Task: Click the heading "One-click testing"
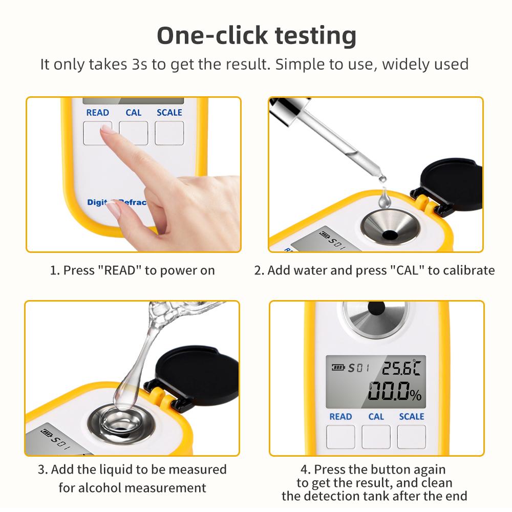[256, 36]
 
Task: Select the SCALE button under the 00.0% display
[412, 436]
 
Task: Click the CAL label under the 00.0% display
[376, 416]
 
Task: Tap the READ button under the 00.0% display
[340, 436]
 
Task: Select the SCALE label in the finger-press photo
[169, 112]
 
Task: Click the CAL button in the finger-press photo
[133, 133]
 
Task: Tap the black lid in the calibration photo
[451, 184]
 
